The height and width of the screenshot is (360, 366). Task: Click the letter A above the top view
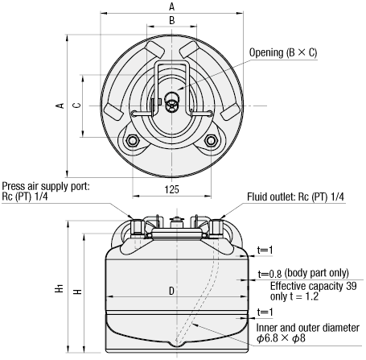pos(172,6)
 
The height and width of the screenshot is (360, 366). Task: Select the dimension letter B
pos(172,20)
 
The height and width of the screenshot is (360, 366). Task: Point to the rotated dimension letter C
pos(77,105)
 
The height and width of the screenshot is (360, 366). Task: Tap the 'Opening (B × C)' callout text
pos(283,52)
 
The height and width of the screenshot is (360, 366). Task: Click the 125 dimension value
pos(171,189)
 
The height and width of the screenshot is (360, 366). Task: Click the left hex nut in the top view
pos(132,140)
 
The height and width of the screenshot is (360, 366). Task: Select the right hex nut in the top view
pos(211,140)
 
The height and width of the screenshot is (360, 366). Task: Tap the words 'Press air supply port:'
pos(46,186)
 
